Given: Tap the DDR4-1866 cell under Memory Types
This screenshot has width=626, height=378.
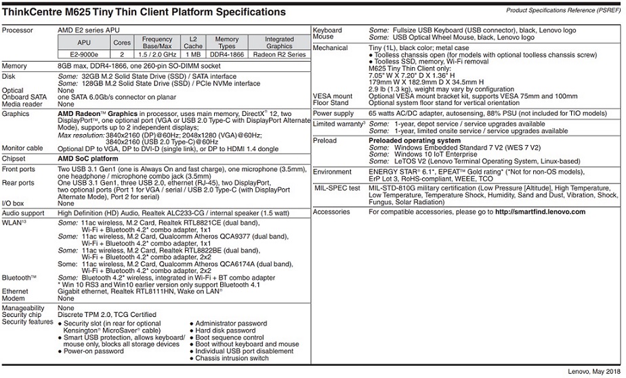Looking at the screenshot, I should (227, 54).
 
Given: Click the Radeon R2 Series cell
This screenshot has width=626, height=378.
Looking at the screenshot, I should (279, 54).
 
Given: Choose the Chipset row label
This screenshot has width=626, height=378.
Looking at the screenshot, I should (15, 159).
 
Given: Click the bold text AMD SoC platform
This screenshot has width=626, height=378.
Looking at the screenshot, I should (88, 159).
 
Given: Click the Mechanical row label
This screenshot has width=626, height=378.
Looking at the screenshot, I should (331, 48).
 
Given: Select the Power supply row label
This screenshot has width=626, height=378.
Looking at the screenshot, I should (333, 114).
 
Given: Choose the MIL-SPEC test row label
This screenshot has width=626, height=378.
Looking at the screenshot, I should (337, 188).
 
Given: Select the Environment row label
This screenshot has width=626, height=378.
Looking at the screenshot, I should (333, 172).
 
